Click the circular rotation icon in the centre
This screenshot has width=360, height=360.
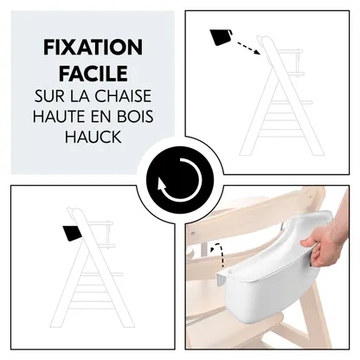point(179,179)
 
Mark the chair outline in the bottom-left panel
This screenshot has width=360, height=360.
point(87,268)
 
